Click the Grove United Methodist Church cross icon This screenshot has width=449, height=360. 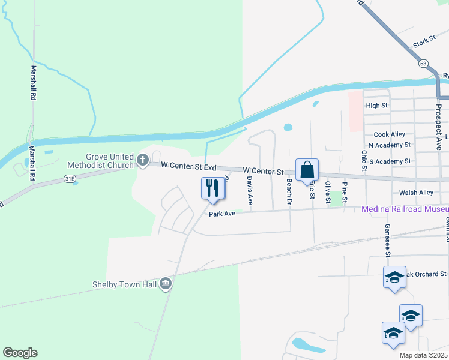(142, 160)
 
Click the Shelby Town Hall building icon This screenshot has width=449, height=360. (166, 285)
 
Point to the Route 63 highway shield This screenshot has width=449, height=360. (424, 62)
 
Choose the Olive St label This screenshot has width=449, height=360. (328, 192)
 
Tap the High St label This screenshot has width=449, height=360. (376, 106)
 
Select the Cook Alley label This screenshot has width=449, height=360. (389, 134)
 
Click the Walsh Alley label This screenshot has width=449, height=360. (416, 193)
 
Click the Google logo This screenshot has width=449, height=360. (20, 353)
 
